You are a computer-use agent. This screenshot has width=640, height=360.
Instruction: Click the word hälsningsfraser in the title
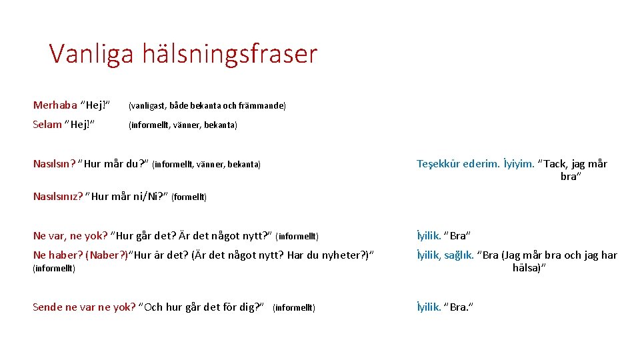coord(229,53)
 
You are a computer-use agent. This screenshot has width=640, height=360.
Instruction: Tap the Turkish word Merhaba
coord(55,105)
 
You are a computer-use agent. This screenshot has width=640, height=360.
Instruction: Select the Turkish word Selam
coord(47,125)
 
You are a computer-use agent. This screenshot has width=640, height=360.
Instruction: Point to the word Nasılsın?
coord(54,164)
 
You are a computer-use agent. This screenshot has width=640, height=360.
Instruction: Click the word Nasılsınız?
coord(58,196)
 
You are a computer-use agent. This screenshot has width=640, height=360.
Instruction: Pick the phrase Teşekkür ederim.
coord(458,164)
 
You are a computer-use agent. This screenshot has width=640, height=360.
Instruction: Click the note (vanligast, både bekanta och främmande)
coord(207,106)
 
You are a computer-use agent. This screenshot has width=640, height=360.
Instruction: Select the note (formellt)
coord(189,197)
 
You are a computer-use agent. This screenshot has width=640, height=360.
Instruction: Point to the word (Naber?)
coord(107,255)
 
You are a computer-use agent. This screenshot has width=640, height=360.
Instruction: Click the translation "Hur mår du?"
coord(113,164)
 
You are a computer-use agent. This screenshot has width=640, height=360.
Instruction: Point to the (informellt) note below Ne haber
coord(54,269)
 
